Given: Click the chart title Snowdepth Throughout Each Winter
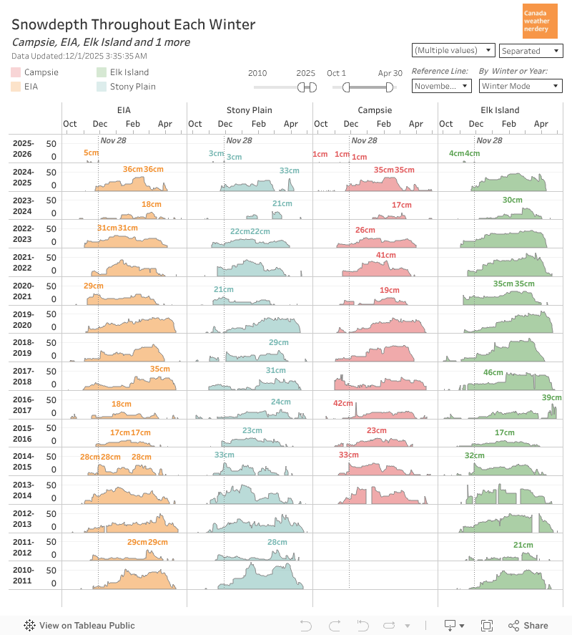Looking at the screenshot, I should coord(133,24).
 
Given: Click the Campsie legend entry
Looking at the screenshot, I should coord(41,72).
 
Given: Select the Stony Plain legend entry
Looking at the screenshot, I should coord(132,87).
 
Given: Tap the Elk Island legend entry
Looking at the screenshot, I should coord(129,72).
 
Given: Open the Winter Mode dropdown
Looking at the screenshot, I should coord(521,86).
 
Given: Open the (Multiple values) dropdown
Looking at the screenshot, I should coord(454,50).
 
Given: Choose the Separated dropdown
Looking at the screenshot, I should coord(531,51).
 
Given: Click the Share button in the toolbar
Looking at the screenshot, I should coord(528,626).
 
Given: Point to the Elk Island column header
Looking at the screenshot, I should coord(500,110).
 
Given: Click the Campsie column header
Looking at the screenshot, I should coord(375,110).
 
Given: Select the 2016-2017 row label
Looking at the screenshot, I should coord(23,405).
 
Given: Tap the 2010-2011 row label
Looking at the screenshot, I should coord(23,575).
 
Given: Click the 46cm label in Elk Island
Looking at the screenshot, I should coord(493,372).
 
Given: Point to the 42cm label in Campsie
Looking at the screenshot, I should coord(342,404).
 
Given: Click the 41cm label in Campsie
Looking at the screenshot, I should coord(385,256).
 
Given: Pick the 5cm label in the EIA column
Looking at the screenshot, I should coord(91,153).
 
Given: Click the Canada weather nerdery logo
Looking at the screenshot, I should coord(540,21).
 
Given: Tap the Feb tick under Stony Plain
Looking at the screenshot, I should coord(258,124).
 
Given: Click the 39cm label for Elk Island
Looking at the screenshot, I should coord(551,397).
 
